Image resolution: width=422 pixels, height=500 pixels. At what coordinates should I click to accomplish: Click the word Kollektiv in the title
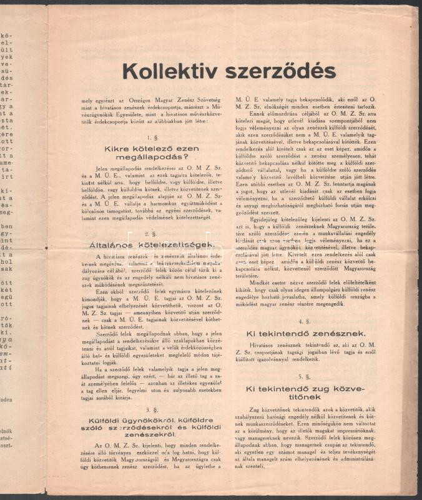pos(168,72)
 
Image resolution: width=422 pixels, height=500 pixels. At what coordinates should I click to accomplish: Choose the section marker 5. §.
pos(305,376)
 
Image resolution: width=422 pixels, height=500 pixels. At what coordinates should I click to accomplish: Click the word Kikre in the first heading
pos(118,148)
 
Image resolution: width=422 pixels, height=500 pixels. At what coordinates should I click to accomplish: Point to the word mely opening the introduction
pos(86,100)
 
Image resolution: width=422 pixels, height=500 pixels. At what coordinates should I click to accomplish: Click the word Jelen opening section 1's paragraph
pos(102,169)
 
